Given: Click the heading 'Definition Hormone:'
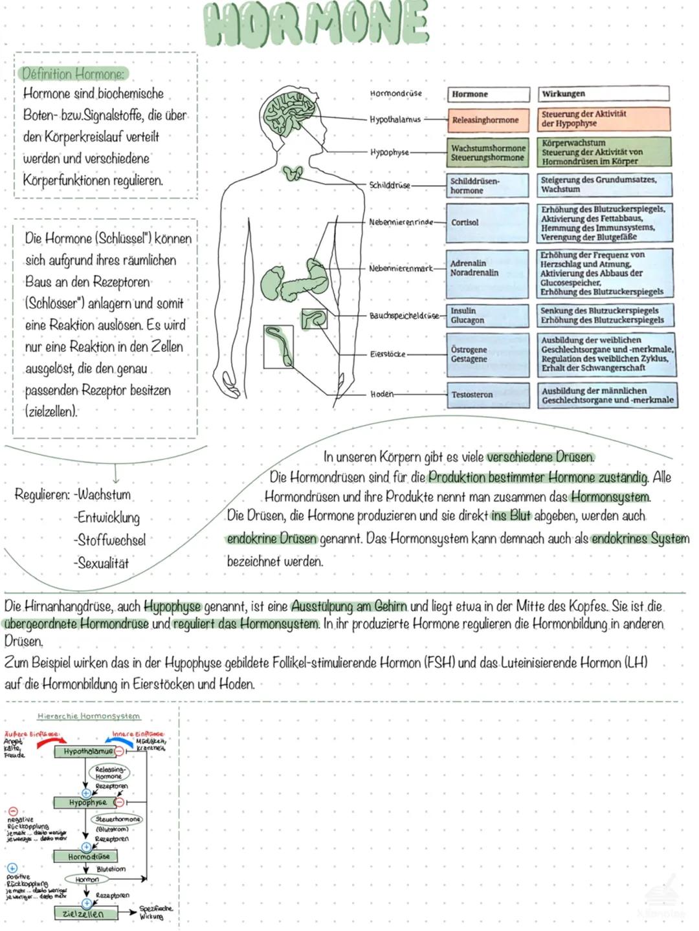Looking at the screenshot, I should pyautogui.click(x=73, y=73).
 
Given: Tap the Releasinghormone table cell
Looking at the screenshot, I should pyautogui.click(x=487, y=120).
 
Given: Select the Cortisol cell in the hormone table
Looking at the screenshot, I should pyautogui.click(x=487, y=223).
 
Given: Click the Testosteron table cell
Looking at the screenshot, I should pyautogui.click(x=487, y=394).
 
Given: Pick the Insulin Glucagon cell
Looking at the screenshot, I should pyautogui.click(x=487, y=315).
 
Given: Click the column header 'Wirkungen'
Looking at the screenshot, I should pyautogui.click(x=603, y=94).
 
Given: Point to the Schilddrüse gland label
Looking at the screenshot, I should pyautogui.click(x=390, y=185).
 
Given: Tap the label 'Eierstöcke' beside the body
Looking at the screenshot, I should pyautogui.click(x=388, y=354).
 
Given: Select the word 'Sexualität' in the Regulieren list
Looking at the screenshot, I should pyautogui.click(x=103, y=563).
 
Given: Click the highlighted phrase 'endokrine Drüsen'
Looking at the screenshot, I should pyautogui.click(x=272, y=538).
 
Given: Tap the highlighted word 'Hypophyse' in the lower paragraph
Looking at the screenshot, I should pyautogui.click(x=172, y=607).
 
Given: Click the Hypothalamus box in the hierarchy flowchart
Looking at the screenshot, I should pyautogui.click(x=88, y=752).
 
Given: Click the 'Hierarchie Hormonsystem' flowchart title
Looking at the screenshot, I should pyautogui.click(x=89, y=716).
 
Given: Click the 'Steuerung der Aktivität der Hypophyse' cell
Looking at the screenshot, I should pyautogui.click(x=603, y=119).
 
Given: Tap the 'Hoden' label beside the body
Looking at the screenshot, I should pyautogui.click(x=382, y=394).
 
